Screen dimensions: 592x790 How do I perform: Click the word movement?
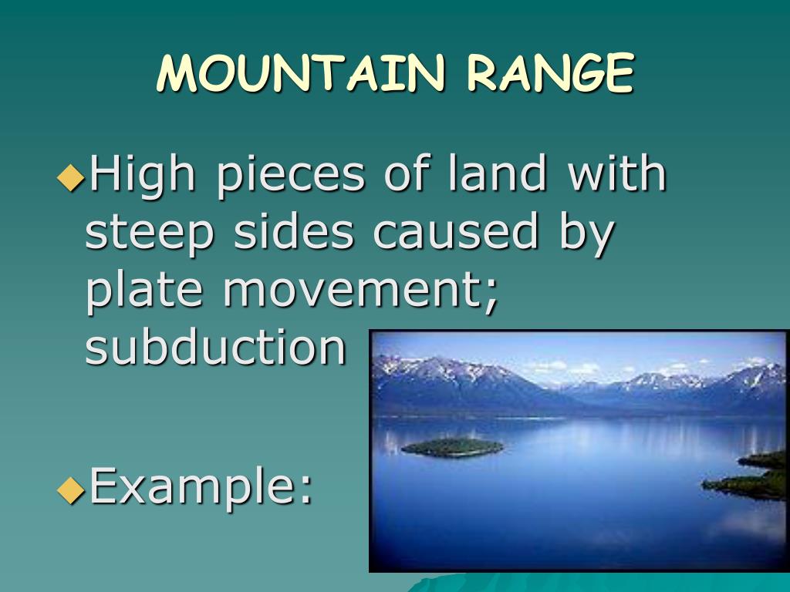[350, 291]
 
